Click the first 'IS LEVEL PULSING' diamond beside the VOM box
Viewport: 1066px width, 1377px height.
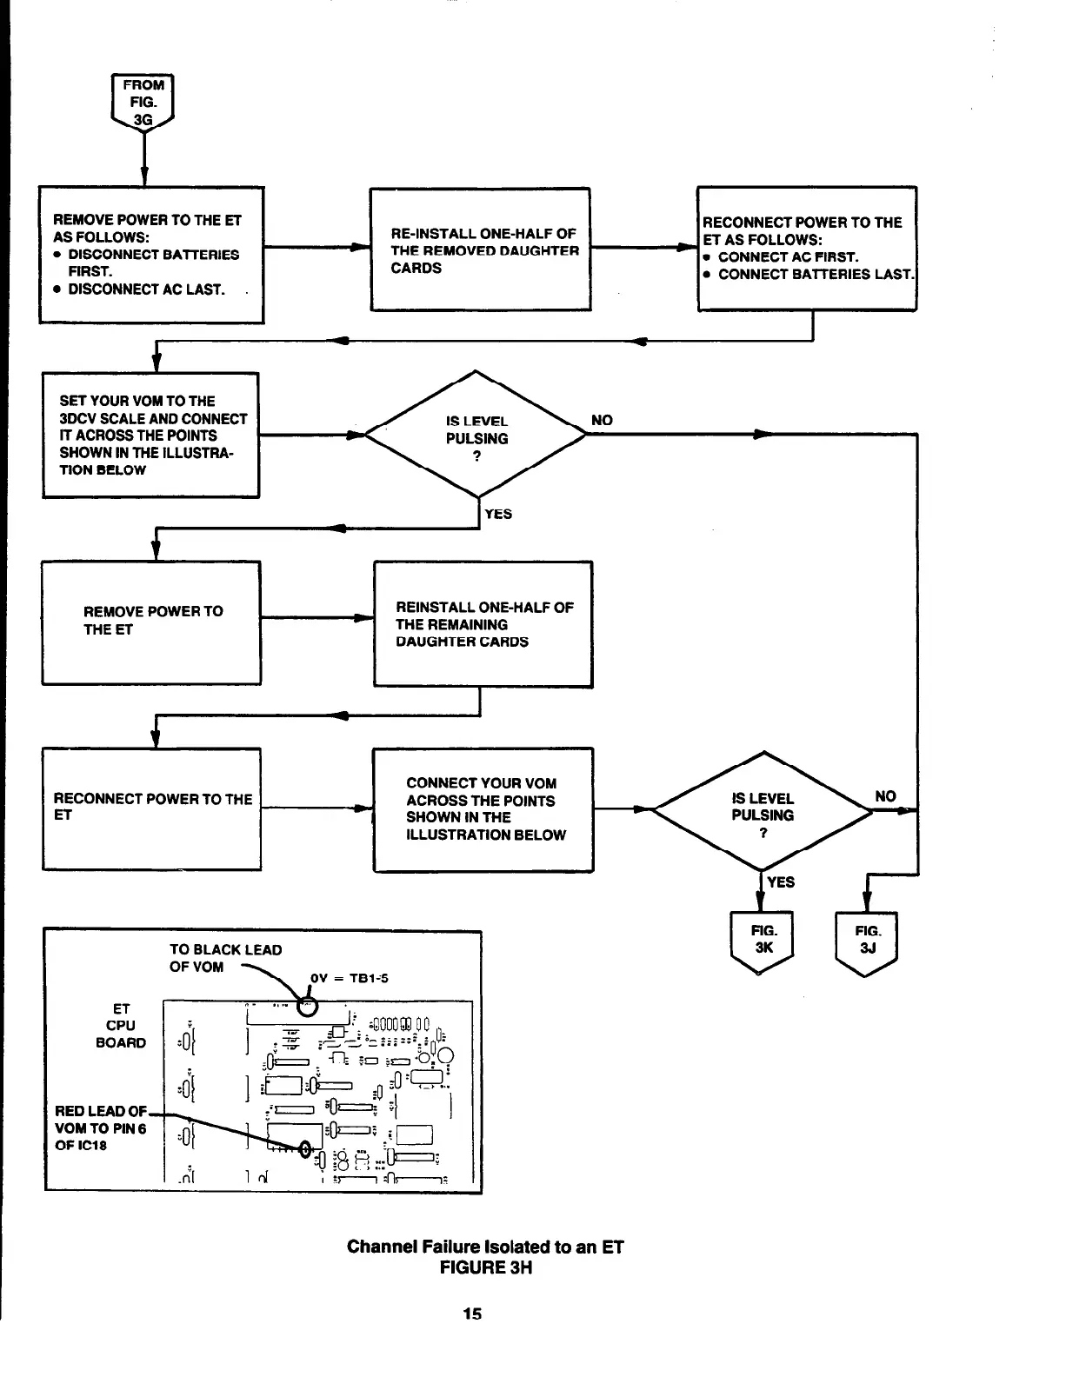click(476, 436)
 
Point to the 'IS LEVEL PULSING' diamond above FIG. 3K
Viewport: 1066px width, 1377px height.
click(763, 812)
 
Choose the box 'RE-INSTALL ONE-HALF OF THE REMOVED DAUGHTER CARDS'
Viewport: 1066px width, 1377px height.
click(480, 249)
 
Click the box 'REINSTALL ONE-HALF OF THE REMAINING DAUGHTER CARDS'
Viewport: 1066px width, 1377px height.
click(483, 624)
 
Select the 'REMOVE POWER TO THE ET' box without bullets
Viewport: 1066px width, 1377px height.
click(151, 622)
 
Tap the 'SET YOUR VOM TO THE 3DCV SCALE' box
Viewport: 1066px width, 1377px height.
click(151, 435)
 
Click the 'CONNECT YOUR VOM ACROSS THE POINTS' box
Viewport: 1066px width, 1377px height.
click(483, 809)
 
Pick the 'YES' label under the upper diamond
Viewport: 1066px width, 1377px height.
click(498, 514)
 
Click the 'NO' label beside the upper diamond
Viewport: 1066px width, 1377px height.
click(602, 421)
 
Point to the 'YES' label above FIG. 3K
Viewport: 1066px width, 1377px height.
click(781, 882)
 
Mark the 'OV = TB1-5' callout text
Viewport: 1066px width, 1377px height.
click(349, 978)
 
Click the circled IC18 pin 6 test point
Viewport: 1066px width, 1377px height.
click(306, 1148)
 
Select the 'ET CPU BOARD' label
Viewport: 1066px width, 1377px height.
click(121, 1026)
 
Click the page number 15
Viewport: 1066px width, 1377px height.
click(472, 1314)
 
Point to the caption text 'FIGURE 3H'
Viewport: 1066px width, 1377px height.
click(485, 1267)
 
